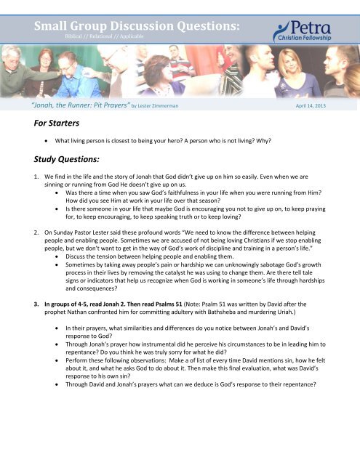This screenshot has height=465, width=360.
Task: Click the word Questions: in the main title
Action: pyautogui.click(x=196, y=26)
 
